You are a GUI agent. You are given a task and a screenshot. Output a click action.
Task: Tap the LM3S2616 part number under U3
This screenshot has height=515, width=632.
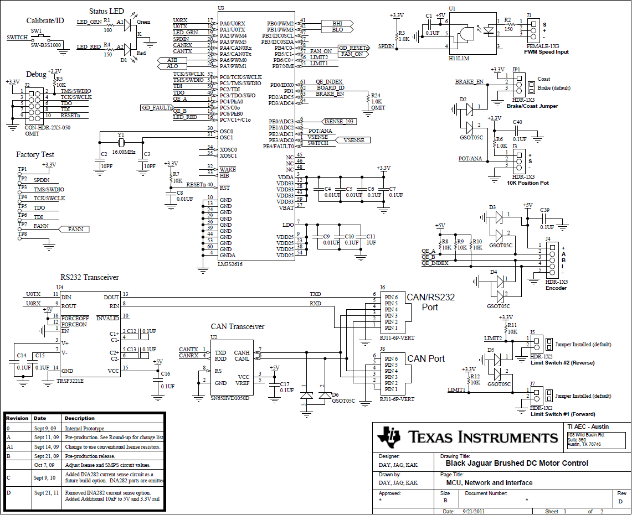tap(230, 264)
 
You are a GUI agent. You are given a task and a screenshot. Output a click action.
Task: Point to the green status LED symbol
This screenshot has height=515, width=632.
tap(128, 24)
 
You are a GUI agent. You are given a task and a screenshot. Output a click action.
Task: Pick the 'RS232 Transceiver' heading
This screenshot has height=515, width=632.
tap(89, 277)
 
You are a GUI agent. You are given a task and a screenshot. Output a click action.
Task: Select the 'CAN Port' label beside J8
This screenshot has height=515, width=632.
tap(426, 358)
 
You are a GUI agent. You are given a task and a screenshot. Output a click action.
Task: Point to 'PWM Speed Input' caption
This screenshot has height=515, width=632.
tap(546, 52)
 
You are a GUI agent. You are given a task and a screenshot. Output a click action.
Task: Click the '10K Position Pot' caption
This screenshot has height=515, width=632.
tap(527, 183)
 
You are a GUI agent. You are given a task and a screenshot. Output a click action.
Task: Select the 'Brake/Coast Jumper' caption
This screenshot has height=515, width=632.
tap(532, 106)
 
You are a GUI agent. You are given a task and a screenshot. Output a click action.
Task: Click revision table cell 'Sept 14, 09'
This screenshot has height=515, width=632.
tap(46, 446)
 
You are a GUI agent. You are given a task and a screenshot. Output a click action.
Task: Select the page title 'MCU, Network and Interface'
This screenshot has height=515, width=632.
tap(486, 483)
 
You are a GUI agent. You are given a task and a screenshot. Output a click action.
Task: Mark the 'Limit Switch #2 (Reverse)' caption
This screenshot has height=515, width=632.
tap(562, 363)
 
